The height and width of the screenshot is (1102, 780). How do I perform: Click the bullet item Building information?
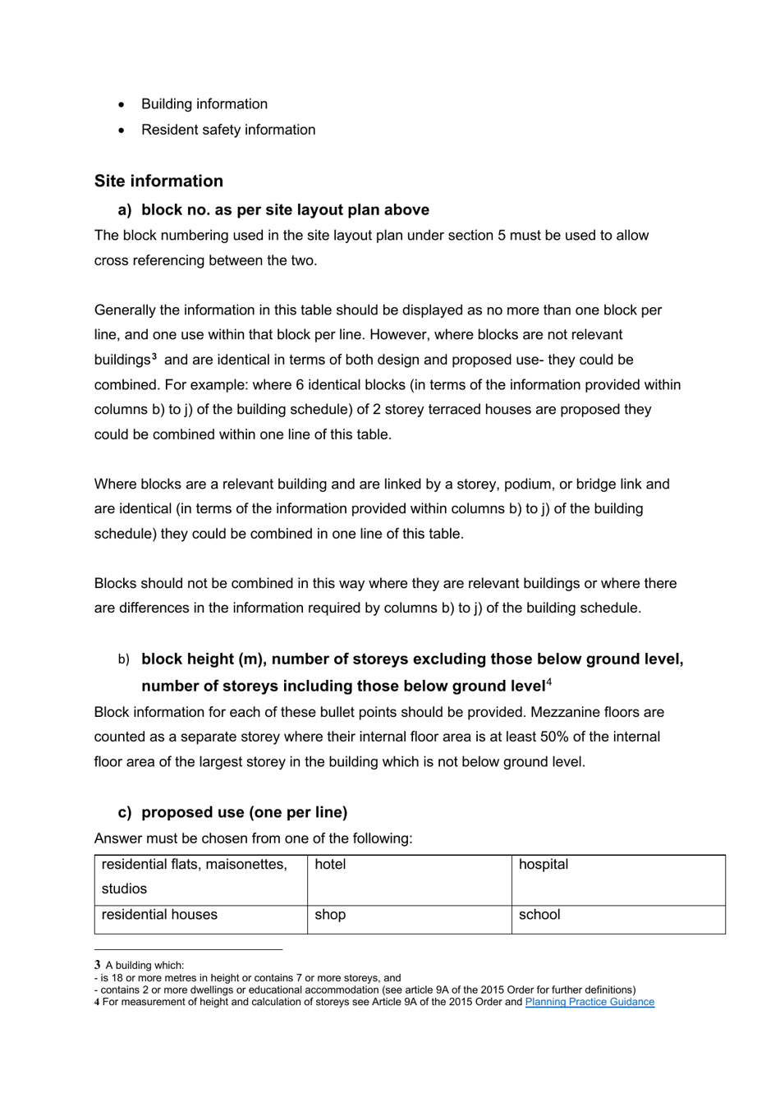(204, 104)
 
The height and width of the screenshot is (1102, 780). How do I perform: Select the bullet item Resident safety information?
(227, 130)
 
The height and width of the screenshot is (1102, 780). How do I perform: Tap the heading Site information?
(158, 181)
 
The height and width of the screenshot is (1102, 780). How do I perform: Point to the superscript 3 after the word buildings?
(154, 356)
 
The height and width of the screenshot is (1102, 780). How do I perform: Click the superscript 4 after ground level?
(548, 682)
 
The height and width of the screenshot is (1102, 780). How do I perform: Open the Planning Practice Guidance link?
(590, 1002)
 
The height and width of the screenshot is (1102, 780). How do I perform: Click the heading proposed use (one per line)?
(244, 812)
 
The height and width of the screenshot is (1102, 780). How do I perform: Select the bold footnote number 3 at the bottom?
(97, 965)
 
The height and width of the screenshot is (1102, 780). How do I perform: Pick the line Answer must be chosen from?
(253, 838)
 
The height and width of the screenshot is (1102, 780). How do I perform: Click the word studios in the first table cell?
(124, 889)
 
